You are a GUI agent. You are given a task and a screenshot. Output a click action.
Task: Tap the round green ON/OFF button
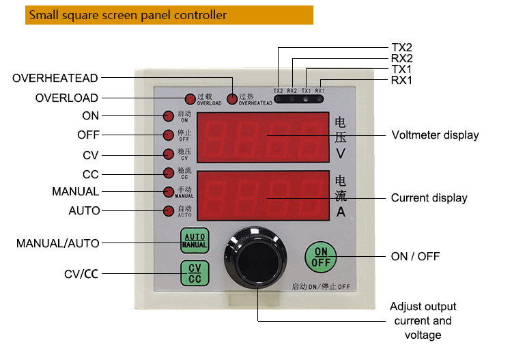321,257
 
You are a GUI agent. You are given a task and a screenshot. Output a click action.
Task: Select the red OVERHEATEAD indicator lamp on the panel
233,99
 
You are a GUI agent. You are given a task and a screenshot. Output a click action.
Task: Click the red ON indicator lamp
169,116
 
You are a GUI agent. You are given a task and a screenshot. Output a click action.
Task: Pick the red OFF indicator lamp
169,135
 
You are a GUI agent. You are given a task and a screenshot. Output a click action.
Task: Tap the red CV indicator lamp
169,154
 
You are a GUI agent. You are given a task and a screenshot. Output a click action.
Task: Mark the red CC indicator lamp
169,173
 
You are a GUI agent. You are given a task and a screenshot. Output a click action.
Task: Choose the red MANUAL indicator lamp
169,192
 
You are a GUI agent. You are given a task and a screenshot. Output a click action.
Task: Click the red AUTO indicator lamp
169,210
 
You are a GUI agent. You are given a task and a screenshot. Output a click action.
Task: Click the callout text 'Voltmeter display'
435,135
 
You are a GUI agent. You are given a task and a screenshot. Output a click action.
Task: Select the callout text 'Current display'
429,198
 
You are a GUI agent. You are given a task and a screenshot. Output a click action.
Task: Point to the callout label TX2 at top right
402,48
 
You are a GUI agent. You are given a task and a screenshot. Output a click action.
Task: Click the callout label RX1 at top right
402,81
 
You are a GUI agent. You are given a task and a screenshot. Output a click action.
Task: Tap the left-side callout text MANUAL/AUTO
58,243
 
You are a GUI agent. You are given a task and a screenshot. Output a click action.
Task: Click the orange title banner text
128,15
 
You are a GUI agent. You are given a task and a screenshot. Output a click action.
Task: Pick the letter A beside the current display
341,211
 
